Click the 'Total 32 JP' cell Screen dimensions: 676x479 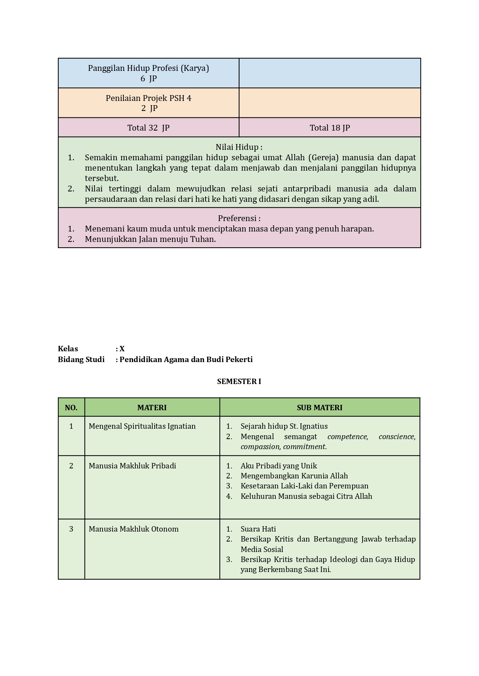148,128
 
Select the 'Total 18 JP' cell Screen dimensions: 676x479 330,128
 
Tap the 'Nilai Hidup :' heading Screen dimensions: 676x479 239,147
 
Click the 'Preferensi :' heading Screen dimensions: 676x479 239,218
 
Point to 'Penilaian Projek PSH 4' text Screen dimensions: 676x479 148,98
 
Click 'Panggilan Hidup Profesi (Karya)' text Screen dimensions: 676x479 148,68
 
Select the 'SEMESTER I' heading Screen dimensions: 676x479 239,381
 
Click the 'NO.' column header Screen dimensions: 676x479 71,408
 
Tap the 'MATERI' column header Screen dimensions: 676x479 152,408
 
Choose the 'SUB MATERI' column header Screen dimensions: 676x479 319,408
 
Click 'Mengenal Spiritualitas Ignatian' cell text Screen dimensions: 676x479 142,426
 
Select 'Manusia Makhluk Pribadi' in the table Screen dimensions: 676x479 132,466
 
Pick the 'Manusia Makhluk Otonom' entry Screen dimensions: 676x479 133,529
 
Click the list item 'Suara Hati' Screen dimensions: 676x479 258,529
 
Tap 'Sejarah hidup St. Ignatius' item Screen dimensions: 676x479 284,426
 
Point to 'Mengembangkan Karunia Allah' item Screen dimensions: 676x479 294,476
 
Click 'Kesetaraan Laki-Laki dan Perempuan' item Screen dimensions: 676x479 304,486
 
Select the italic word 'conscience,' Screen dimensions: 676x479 397,436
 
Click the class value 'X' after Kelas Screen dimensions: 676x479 122,349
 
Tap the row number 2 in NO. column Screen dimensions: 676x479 71,466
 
